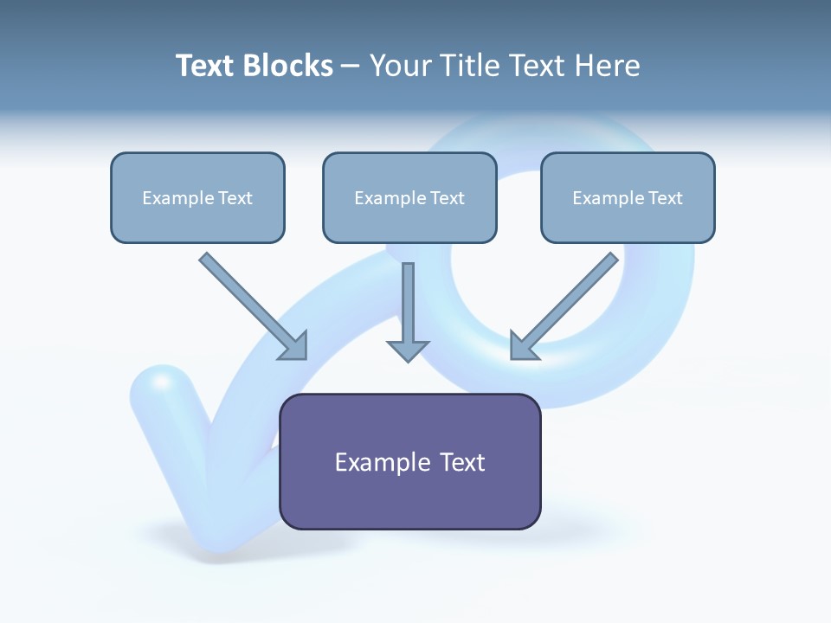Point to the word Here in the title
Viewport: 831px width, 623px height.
coord(605,66)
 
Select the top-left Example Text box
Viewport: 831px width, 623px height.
coord(197,197)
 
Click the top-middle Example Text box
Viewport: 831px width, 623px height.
coord(409,197)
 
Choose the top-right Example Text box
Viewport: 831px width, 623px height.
coord(628,197)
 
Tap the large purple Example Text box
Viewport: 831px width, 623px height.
coord(409,462)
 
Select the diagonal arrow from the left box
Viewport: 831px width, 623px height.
coord(251,304)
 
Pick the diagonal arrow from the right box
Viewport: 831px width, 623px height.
coord(566,304)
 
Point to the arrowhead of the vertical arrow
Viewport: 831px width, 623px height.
coord(408,350)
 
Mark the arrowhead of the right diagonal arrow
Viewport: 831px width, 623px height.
coord(522,347)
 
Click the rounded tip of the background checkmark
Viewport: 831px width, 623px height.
coord(162,386)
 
